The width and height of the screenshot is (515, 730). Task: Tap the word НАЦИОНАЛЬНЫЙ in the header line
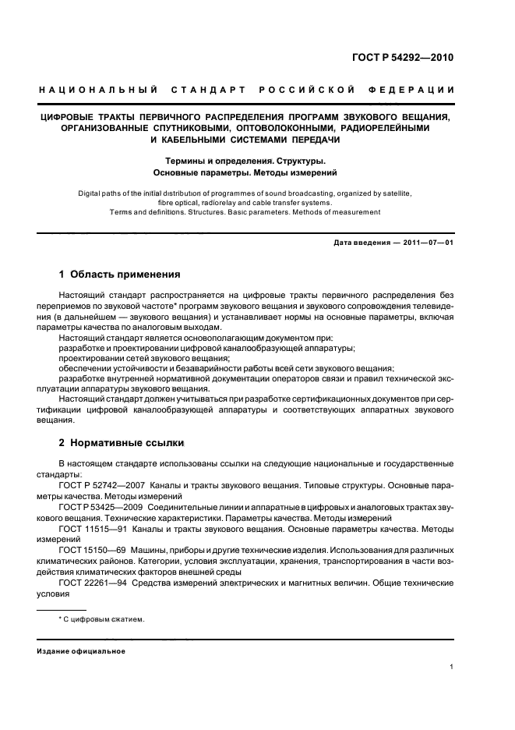click(x=98, y=91)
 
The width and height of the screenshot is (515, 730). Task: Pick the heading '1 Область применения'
click(x=120, y=275)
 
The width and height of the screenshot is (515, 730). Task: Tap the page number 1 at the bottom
click(x=452, y=667)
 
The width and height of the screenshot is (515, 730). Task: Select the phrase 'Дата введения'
click(x=362, y=243)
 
